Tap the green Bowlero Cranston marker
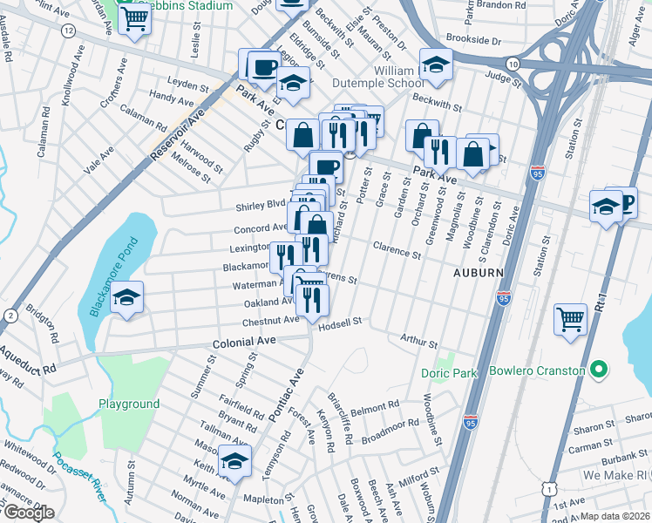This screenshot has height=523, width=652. [598, 370]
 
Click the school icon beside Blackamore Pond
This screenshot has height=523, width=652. [127, 298]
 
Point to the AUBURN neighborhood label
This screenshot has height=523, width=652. [479, 273]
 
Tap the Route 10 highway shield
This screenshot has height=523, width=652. [514, 65]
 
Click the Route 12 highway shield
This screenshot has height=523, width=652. [68, 31]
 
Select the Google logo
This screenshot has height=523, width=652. [28, 513]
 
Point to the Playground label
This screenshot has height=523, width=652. [128, 404]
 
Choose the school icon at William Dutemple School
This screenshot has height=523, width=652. [435, 65]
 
